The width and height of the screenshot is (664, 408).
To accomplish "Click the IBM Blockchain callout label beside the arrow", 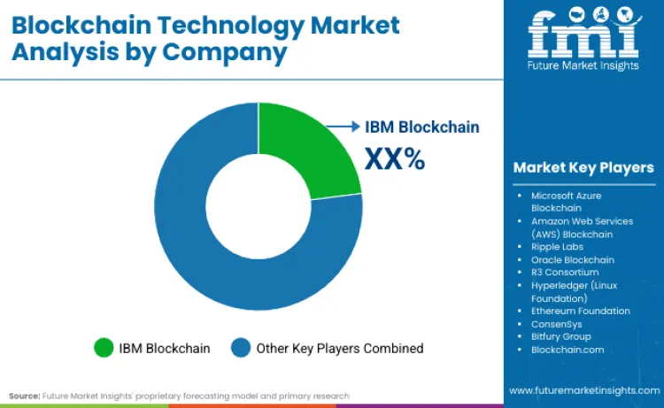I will (x=422, y=127).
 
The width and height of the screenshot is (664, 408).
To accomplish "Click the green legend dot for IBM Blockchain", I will (x=104, y=348).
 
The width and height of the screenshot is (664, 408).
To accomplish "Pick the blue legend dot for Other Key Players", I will (x=240, y=348).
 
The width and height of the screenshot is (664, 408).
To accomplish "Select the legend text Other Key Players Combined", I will (x=340, y=348).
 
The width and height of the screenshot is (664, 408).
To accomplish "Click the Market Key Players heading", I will (x=583, y=167).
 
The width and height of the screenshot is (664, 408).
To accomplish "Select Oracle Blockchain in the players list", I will (x=573, y=259).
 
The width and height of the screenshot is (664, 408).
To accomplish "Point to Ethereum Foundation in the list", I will (x=581, y=311).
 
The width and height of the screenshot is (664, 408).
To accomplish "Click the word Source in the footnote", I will (x=25, y=396).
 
